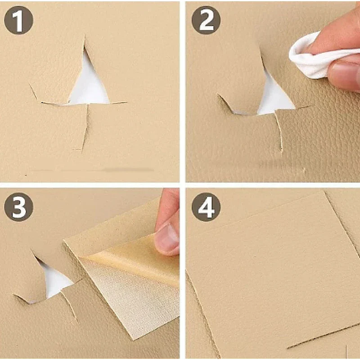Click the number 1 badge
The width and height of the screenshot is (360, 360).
coord(18,20)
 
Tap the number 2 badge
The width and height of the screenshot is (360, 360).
coord(206,20)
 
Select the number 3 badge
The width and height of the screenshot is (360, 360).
coord(18,207)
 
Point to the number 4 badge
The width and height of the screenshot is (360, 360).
coord(206,207)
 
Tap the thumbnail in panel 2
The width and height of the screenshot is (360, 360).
coord(344,73)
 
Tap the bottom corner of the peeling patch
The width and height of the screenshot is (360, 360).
coord(134,339)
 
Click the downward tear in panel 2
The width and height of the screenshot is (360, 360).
coord(279,131)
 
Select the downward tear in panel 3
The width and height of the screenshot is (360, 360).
coord(69,306)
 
